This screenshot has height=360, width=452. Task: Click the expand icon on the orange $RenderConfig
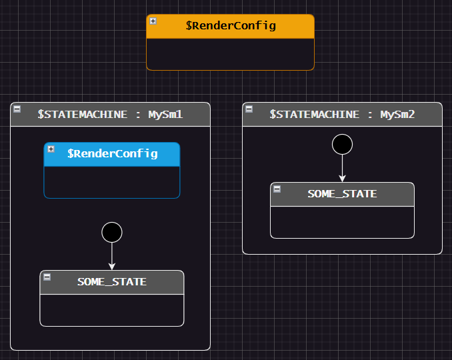coord(153,21)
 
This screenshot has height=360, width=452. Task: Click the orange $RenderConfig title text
coord(231,26)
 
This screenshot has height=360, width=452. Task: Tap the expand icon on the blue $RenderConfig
coord(51,149)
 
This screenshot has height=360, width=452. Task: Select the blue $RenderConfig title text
coord(112,153)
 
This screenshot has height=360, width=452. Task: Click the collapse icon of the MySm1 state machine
coord(17,109)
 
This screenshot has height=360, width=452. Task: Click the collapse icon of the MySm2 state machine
coord(249,109)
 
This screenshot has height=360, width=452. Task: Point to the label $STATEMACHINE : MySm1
coord(110,114)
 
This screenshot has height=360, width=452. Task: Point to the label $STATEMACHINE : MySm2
coord(342,114)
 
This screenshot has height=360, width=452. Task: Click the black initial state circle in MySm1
coord(112,232)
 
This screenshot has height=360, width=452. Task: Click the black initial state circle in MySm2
coord(342,144)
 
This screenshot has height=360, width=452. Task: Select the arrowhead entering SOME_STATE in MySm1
coord(112,265)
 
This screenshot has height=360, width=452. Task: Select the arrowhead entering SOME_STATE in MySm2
coord(342,177)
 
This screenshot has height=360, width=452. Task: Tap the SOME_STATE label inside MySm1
coord(112,281)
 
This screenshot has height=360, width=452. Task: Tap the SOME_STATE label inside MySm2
coord(342,193)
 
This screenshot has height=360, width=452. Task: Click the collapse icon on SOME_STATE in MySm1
coord(47,277)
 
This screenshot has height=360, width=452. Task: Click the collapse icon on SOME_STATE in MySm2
coord(277,189)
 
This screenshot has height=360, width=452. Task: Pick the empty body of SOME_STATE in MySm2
coord(342,221)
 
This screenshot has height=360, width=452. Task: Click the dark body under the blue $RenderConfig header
coord(112,181)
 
